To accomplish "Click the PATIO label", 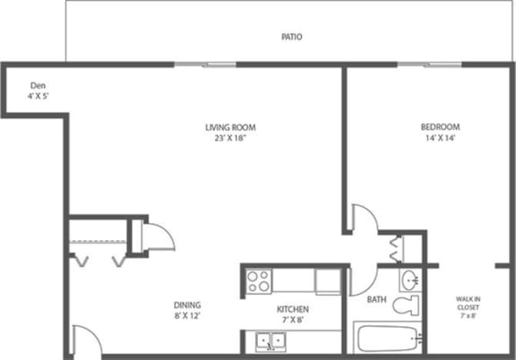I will tap(290, 38).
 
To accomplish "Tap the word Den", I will tap(37, 85).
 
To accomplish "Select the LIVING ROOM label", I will tap(225, 127).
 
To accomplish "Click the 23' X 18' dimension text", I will tap(225, 139).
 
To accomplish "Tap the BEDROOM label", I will tap(440, 126).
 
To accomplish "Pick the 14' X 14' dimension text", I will tap(440, 138).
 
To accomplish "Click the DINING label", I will tap(187, 304).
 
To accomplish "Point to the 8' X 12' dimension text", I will tap(187, 315).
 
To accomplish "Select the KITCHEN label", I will tap(292, 309).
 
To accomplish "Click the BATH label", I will tap(378, 300).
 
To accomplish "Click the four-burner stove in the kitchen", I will tap(260, 280).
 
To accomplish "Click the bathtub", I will tap(386, 340).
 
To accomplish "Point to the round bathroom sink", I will tap(409, 278).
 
